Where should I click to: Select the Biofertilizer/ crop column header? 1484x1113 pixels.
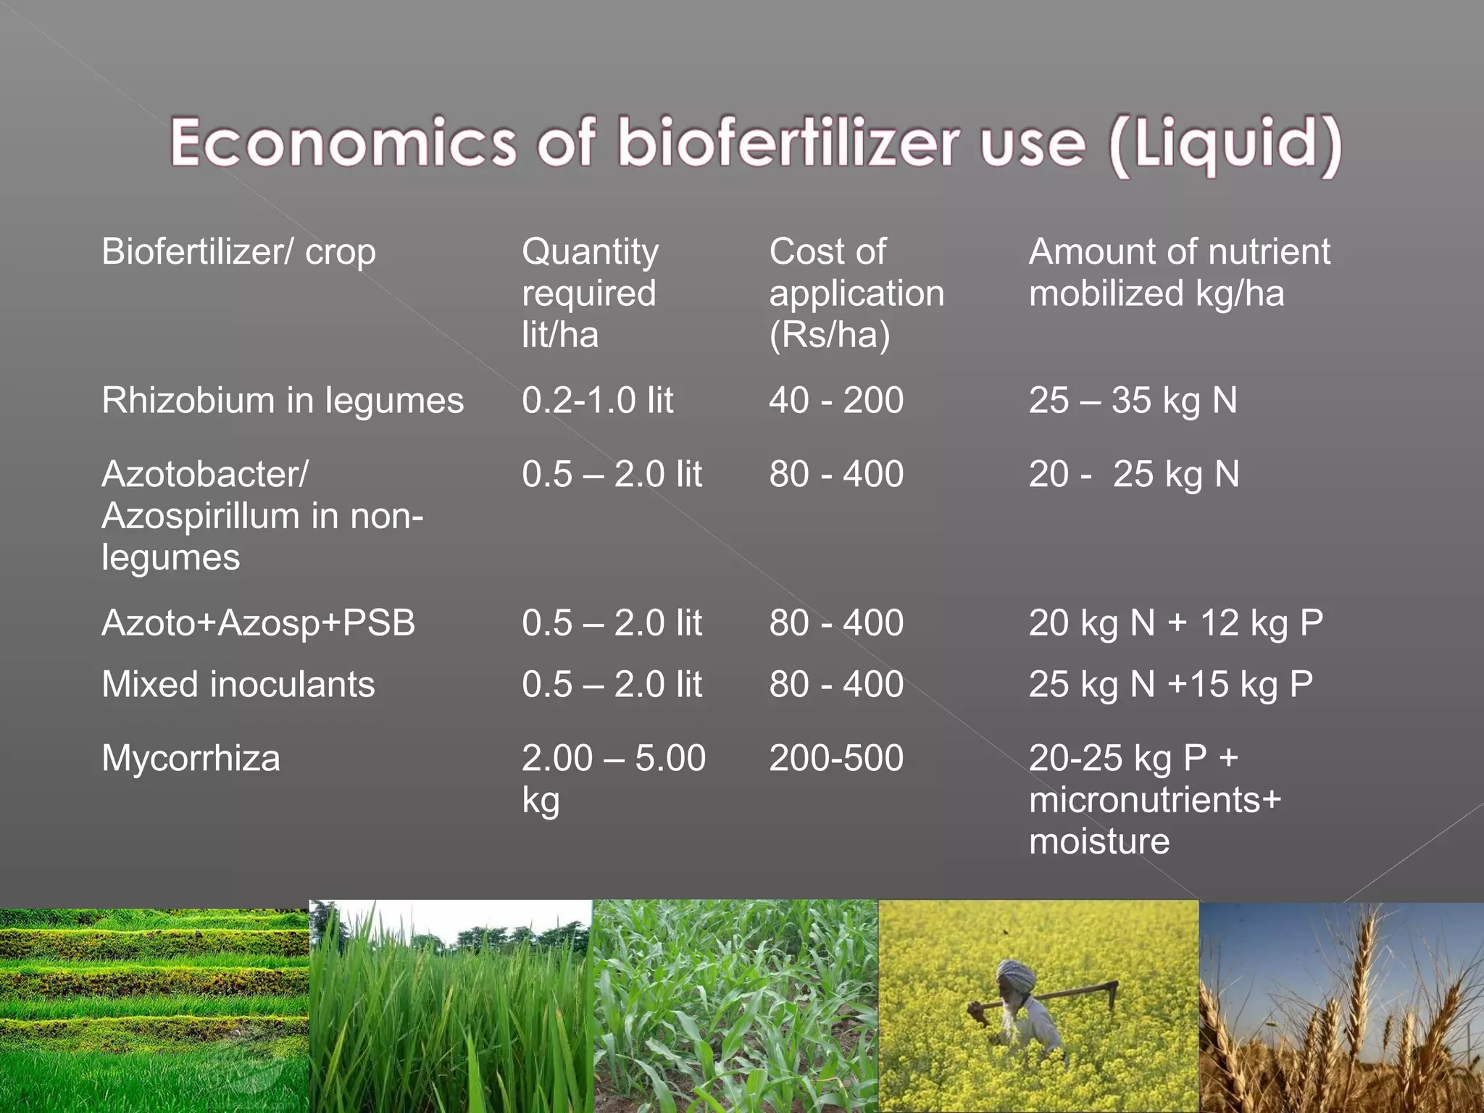(238, 252)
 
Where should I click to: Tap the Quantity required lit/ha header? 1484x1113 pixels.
(590, 293)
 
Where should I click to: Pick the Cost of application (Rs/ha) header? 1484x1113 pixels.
(856, 293)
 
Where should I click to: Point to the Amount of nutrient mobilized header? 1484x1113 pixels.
(1179, 272)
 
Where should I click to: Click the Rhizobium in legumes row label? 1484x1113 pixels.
(283, 401)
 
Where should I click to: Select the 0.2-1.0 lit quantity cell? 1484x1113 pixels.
(597, 401)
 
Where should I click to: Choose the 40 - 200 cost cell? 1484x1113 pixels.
(836, 401)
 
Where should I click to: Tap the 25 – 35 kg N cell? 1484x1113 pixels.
(1133, 401)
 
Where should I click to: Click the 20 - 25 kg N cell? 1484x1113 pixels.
(1134, 475)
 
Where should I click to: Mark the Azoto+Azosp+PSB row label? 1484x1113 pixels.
(259, 623)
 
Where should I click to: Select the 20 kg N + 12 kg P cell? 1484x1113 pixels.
(1175, 623)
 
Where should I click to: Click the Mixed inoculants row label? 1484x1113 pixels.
(238, 685)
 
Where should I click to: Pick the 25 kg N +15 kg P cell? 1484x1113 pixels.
(1170, 685)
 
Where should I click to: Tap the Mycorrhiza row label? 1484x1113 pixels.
(191, 759)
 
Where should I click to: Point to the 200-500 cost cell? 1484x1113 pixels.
(836, 759)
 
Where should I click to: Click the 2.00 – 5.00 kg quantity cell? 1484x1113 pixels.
(613, 778)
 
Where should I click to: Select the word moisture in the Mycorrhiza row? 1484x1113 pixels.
(1099, 842)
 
